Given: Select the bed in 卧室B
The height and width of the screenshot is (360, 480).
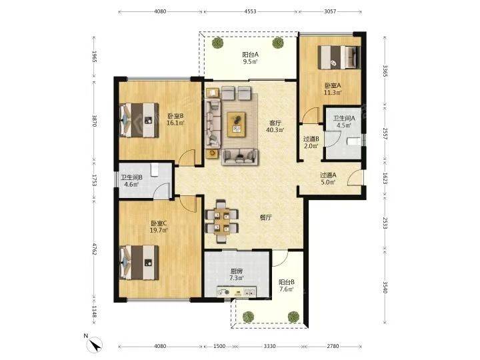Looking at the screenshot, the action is (139, 120).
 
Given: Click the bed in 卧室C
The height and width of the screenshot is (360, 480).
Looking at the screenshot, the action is (139, 263).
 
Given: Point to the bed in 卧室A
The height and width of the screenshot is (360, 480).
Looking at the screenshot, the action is (339, 57).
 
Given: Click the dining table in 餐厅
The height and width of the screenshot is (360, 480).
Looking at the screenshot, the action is (222, 221).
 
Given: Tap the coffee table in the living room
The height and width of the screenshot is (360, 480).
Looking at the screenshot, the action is (236, 124).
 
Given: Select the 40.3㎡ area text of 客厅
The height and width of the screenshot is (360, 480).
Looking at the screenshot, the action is (275, 130).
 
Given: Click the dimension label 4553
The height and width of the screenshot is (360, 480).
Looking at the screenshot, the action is (250, 11).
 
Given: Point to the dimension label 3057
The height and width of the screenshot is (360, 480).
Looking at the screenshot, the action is (330, 11).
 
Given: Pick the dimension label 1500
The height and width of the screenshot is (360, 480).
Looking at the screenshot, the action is (219, 346).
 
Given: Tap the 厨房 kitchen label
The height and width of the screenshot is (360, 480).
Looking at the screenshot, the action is (237, 271).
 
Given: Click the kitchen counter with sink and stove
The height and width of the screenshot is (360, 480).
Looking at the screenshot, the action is (237, 292).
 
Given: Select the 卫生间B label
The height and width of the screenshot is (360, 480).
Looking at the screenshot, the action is (131, 177).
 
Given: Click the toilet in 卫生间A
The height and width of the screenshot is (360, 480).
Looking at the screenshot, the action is (354, 141).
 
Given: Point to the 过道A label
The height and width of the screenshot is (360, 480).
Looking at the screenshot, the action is (328, 175).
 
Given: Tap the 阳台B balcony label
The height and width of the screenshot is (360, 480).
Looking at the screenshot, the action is (287, 282).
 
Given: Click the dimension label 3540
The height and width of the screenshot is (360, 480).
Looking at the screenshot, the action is (385, 287).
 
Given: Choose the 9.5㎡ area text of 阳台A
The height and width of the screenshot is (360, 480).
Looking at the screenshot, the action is (250, 61).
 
